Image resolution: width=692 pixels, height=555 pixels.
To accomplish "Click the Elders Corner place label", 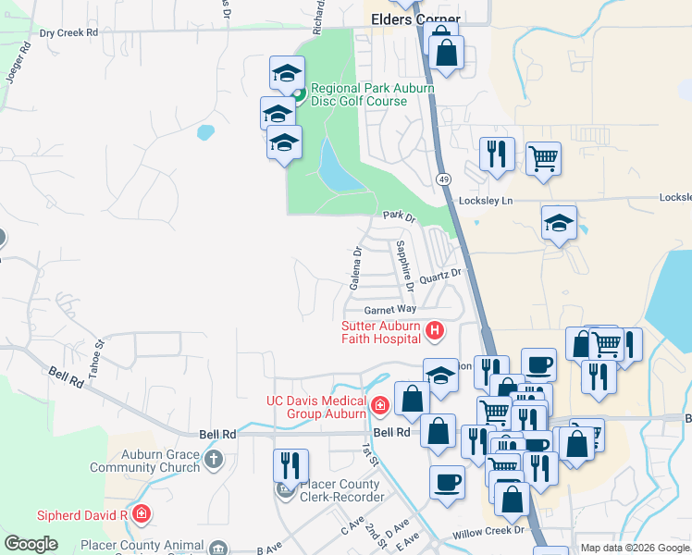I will pos(415,18).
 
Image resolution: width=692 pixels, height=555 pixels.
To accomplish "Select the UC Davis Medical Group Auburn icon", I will pos(379,405).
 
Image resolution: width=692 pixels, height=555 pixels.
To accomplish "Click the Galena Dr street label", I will pos(355,265).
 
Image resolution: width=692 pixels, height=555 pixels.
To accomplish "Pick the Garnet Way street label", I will pos(389,309).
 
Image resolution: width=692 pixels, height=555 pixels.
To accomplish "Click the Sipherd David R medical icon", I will pos(141,514).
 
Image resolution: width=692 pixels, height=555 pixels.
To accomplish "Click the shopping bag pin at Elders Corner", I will pos(446,52).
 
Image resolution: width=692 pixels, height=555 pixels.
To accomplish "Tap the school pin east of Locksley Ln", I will pos(559,223).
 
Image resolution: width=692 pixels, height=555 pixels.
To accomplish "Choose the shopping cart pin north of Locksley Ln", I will pos(543,157).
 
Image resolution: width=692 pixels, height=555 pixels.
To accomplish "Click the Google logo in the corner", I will pos(31,544).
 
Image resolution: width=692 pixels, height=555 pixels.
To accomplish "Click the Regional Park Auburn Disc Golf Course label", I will pos(359,94).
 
